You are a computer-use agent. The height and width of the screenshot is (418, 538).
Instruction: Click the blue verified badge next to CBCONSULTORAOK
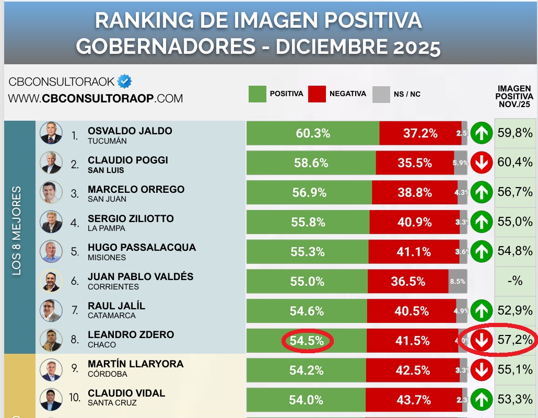tap(124, 82)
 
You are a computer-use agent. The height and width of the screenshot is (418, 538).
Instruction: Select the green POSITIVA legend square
tap(258, 94)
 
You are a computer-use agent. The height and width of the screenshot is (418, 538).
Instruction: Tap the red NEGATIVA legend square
tap(317, 94)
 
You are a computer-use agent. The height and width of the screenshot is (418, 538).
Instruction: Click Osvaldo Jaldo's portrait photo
tap(51, 133)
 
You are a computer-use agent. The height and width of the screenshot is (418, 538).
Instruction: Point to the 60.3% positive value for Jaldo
tap(313, 134)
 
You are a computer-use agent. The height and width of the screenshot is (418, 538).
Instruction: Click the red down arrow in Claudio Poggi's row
tap(481, 163)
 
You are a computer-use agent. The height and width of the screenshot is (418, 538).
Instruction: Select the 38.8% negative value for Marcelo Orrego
tap(415, 193)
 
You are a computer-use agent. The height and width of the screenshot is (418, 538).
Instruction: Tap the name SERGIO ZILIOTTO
tap(131, 218)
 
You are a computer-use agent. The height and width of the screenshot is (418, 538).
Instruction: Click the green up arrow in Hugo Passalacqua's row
tap(481, 251)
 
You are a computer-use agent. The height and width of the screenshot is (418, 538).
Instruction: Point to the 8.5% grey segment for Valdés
tap(457, 281)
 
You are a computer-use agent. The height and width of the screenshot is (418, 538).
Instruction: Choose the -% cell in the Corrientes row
tap(515, 281)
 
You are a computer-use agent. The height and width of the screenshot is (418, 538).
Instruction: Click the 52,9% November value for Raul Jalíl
tap(515, 310)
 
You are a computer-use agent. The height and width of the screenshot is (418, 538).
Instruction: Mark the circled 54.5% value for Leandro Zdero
tap(307, 341)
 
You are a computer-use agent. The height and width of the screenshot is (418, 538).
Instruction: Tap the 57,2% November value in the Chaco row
tap(515, 340)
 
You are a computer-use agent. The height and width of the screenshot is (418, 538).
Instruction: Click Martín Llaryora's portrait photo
tap(51, 369)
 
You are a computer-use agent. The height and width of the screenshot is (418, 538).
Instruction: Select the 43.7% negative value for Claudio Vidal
tap(414, 400)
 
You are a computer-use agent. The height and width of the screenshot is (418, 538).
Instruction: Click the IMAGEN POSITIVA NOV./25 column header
tap(514, 96)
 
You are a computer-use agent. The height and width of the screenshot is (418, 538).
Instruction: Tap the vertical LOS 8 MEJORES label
tap(17, 230)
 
